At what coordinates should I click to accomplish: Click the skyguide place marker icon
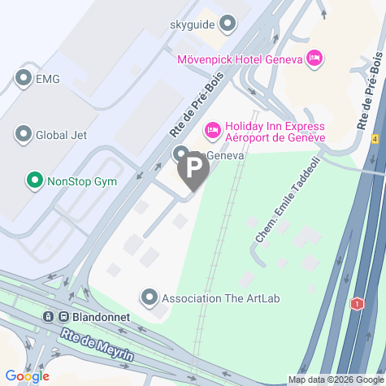[x=228, y=24]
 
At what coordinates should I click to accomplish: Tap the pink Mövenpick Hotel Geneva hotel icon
[x=314, y=58]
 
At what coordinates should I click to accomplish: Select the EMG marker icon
[x=23, y=78]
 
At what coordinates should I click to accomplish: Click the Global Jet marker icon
[x=23, y=134]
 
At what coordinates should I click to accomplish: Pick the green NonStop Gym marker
[x=34, y=180]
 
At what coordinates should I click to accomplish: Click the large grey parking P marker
[x=193, y=170]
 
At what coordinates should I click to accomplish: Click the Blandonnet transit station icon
[x=50, y=318]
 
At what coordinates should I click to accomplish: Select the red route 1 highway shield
[x=356, y=304]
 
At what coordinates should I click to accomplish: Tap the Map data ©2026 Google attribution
[x=335, y=379]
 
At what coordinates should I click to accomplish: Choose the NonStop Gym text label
[x=82, y=180]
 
